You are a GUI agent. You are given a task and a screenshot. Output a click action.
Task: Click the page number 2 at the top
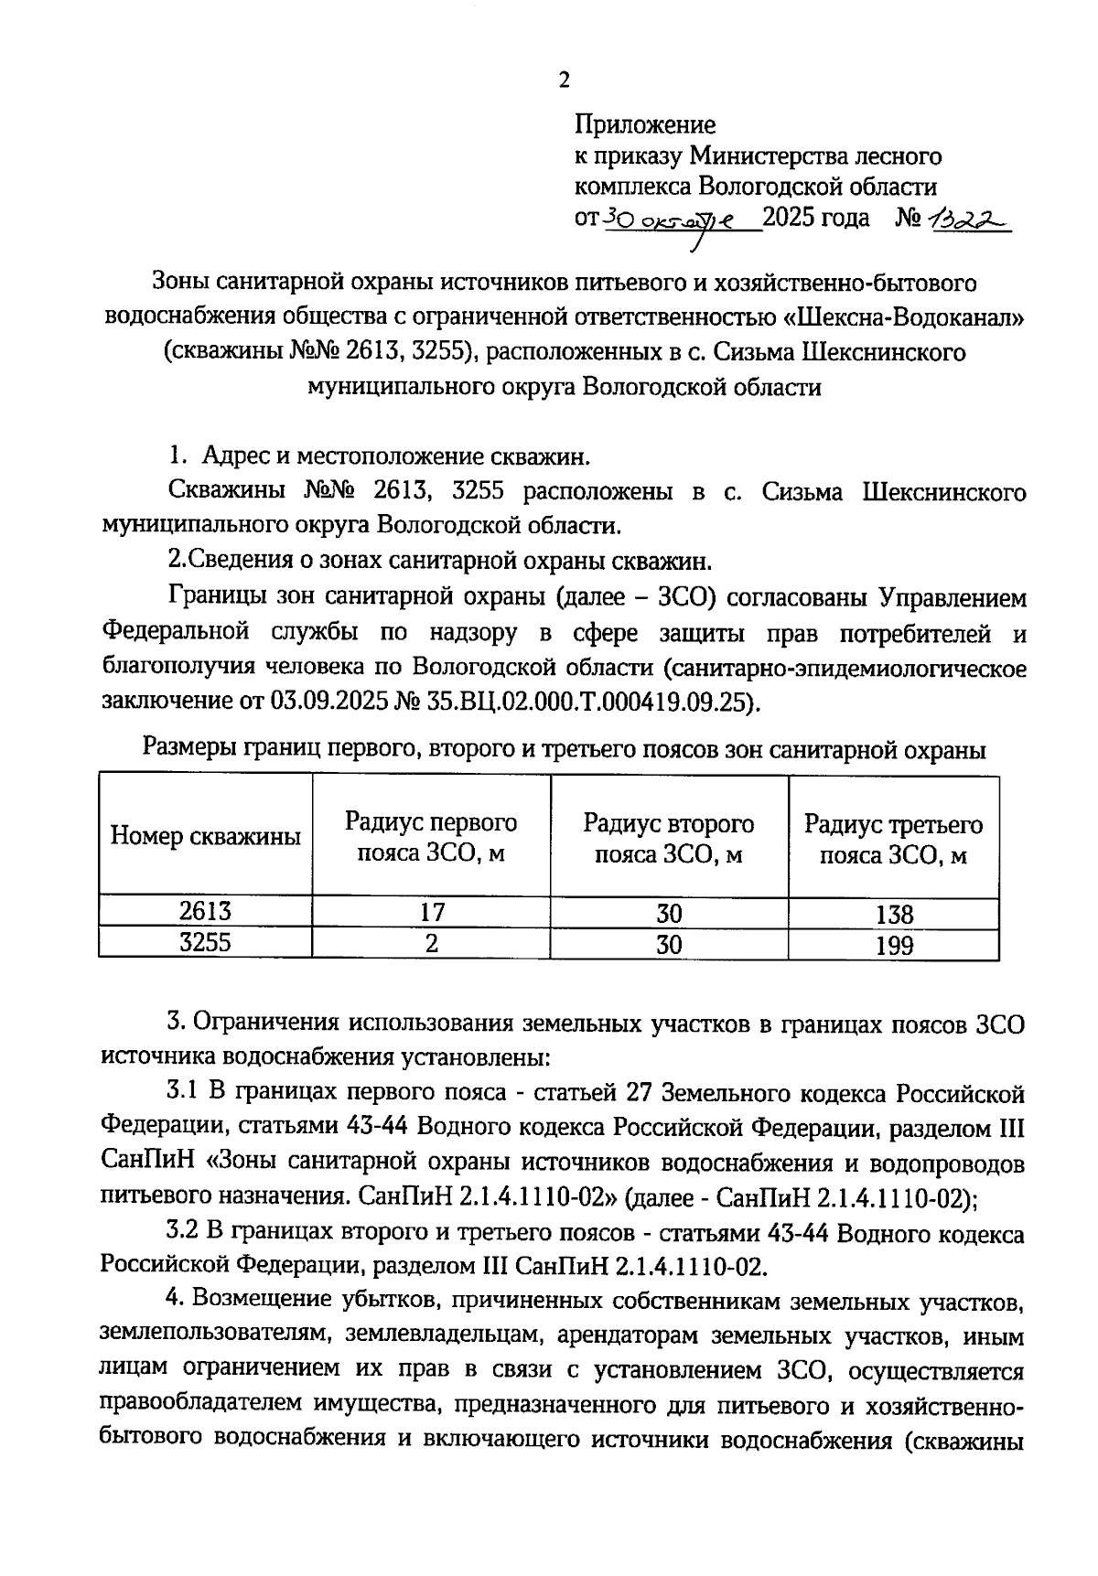click(564, 80)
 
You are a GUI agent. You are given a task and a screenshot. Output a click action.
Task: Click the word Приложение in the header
click(645, 123)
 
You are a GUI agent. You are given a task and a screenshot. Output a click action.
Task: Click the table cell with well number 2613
click(206, 911)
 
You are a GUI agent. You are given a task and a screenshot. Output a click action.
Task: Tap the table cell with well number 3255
click(206, 942)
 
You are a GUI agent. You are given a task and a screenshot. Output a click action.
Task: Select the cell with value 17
click(431, 912)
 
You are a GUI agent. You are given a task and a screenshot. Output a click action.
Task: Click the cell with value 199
click(893, 945)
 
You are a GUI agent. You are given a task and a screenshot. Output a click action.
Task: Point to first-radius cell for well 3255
click(431, 943)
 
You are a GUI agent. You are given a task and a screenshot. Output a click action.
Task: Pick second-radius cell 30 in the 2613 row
click(669, 913)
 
